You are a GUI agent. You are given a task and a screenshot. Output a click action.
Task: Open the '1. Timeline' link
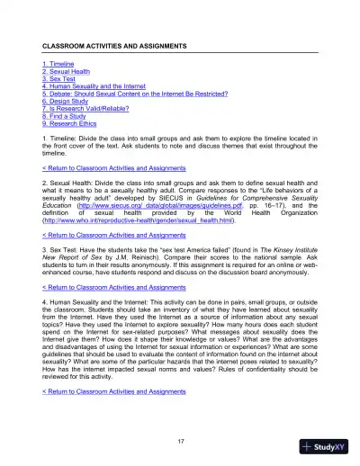point(60,65)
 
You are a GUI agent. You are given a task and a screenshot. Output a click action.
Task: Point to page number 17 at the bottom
point(181,439)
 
